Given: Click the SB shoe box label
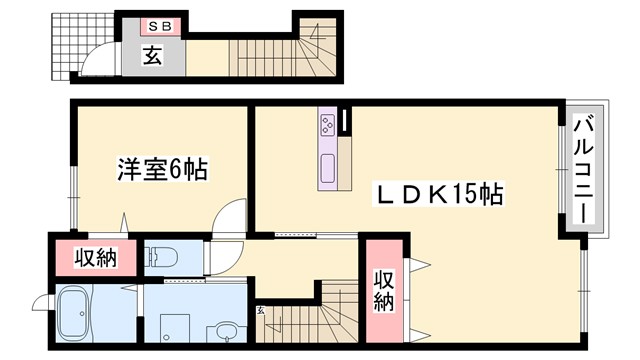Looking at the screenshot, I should coord(160,26).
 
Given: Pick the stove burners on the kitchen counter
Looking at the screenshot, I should coord(327,124).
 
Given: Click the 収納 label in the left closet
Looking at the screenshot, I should coord(96,258).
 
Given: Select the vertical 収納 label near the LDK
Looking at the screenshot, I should coord(383,290).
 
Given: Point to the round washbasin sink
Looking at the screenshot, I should coord(227,331).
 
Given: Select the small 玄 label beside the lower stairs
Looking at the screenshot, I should coord(261,311).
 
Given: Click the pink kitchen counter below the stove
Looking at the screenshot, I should coord(329,165).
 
